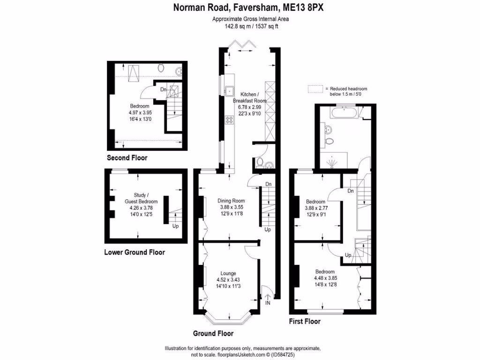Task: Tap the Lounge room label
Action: click(229, 273)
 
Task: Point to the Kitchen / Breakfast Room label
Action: click(250, 97)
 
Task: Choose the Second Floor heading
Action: click(127, 158)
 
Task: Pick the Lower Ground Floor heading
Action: click(134, 252)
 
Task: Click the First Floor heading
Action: click(305, 322)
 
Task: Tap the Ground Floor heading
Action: click(213, 334)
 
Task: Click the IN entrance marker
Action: click(268, 304)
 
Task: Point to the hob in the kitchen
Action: click(230, 120)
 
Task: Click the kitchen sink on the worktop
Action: click(230, 91)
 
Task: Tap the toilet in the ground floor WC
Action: click(260, 162)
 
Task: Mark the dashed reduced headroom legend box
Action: click(316, 89)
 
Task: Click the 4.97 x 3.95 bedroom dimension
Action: click(140, 112)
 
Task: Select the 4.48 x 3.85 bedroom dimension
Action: click(325, 278)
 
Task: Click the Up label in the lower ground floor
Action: click(176, 226)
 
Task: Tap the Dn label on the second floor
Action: click(163, 90)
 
